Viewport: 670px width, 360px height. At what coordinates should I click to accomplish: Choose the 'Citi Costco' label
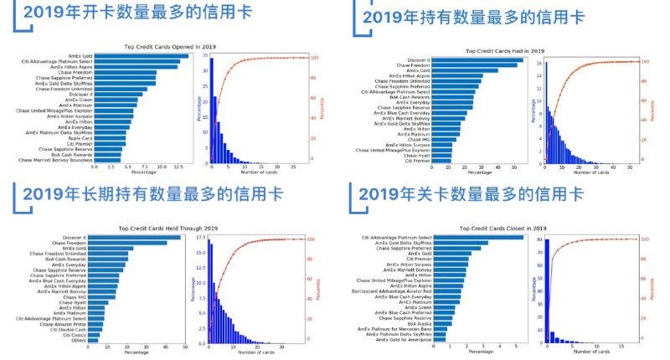click(x=81, y=335)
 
